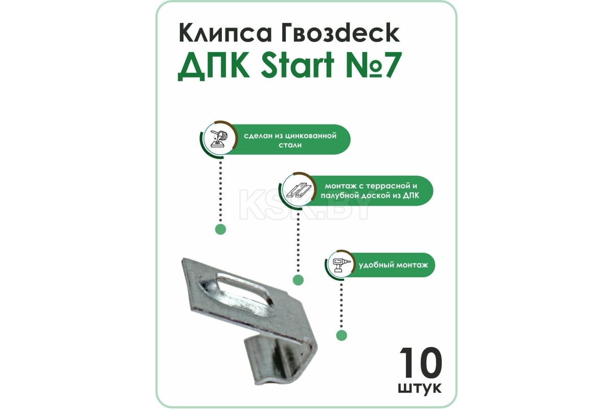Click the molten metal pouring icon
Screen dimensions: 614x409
point(219,139)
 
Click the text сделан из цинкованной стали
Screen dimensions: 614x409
point(290,140)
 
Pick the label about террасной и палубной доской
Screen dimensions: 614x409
point(370,191)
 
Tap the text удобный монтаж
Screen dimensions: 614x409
point(393,266)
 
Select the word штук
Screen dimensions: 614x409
point(419,388)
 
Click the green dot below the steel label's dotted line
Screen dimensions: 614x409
point(221,229)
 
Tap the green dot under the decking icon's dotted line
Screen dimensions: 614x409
point(298,280)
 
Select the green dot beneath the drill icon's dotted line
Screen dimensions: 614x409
point(342,335)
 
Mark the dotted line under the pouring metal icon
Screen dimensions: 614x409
point(221,191)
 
